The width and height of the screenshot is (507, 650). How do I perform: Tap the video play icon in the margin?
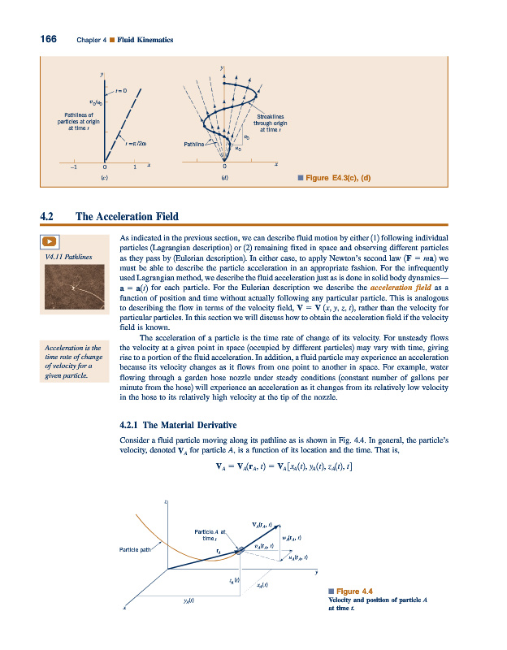50,240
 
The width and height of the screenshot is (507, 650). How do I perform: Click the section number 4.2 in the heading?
48,216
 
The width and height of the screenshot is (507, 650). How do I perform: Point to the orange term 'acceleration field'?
401,288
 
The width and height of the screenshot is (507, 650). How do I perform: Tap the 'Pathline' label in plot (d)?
197,144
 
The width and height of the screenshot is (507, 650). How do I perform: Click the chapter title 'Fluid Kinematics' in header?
145,40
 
